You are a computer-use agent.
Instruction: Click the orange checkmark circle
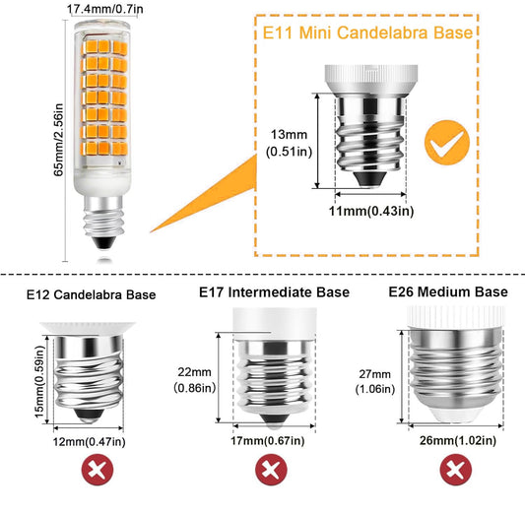[447, 143]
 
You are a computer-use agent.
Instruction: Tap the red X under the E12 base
[98, 470]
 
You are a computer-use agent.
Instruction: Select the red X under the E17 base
[271, 470]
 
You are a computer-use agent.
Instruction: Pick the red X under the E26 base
[456, 470]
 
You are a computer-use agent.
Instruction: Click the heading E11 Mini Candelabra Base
[367, 32]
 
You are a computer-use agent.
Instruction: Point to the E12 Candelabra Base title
[91, 294]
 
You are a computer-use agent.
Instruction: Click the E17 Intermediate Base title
[274, 292]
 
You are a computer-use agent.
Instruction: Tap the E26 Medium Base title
[448, 291]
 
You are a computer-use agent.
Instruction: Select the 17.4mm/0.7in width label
[105, 9]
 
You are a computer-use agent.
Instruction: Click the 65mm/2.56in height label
[58, 140]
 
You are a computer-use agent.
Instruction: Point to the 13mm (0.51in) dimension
[289, 143]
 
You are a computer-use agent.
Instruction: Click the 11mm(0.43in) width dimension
[371, 211]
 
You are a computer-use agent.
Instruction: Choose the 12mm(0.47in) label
[90, 442]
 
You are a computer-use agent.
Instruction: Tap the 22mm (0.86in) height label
[194, 380]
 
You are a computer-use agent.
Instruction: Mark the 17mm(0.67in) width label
[268, 441]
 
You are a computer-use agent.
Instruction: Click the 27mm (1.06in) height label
[375, 381]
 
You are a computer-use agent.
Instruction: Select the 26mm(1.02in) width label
[458, 440]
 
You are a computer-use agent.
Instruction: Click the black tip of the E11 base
[370, 178]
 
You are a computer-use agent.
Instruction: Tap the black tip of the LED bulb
[103, 242]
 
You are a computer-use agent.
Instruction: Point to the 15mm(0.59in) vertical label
[39, 381]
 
